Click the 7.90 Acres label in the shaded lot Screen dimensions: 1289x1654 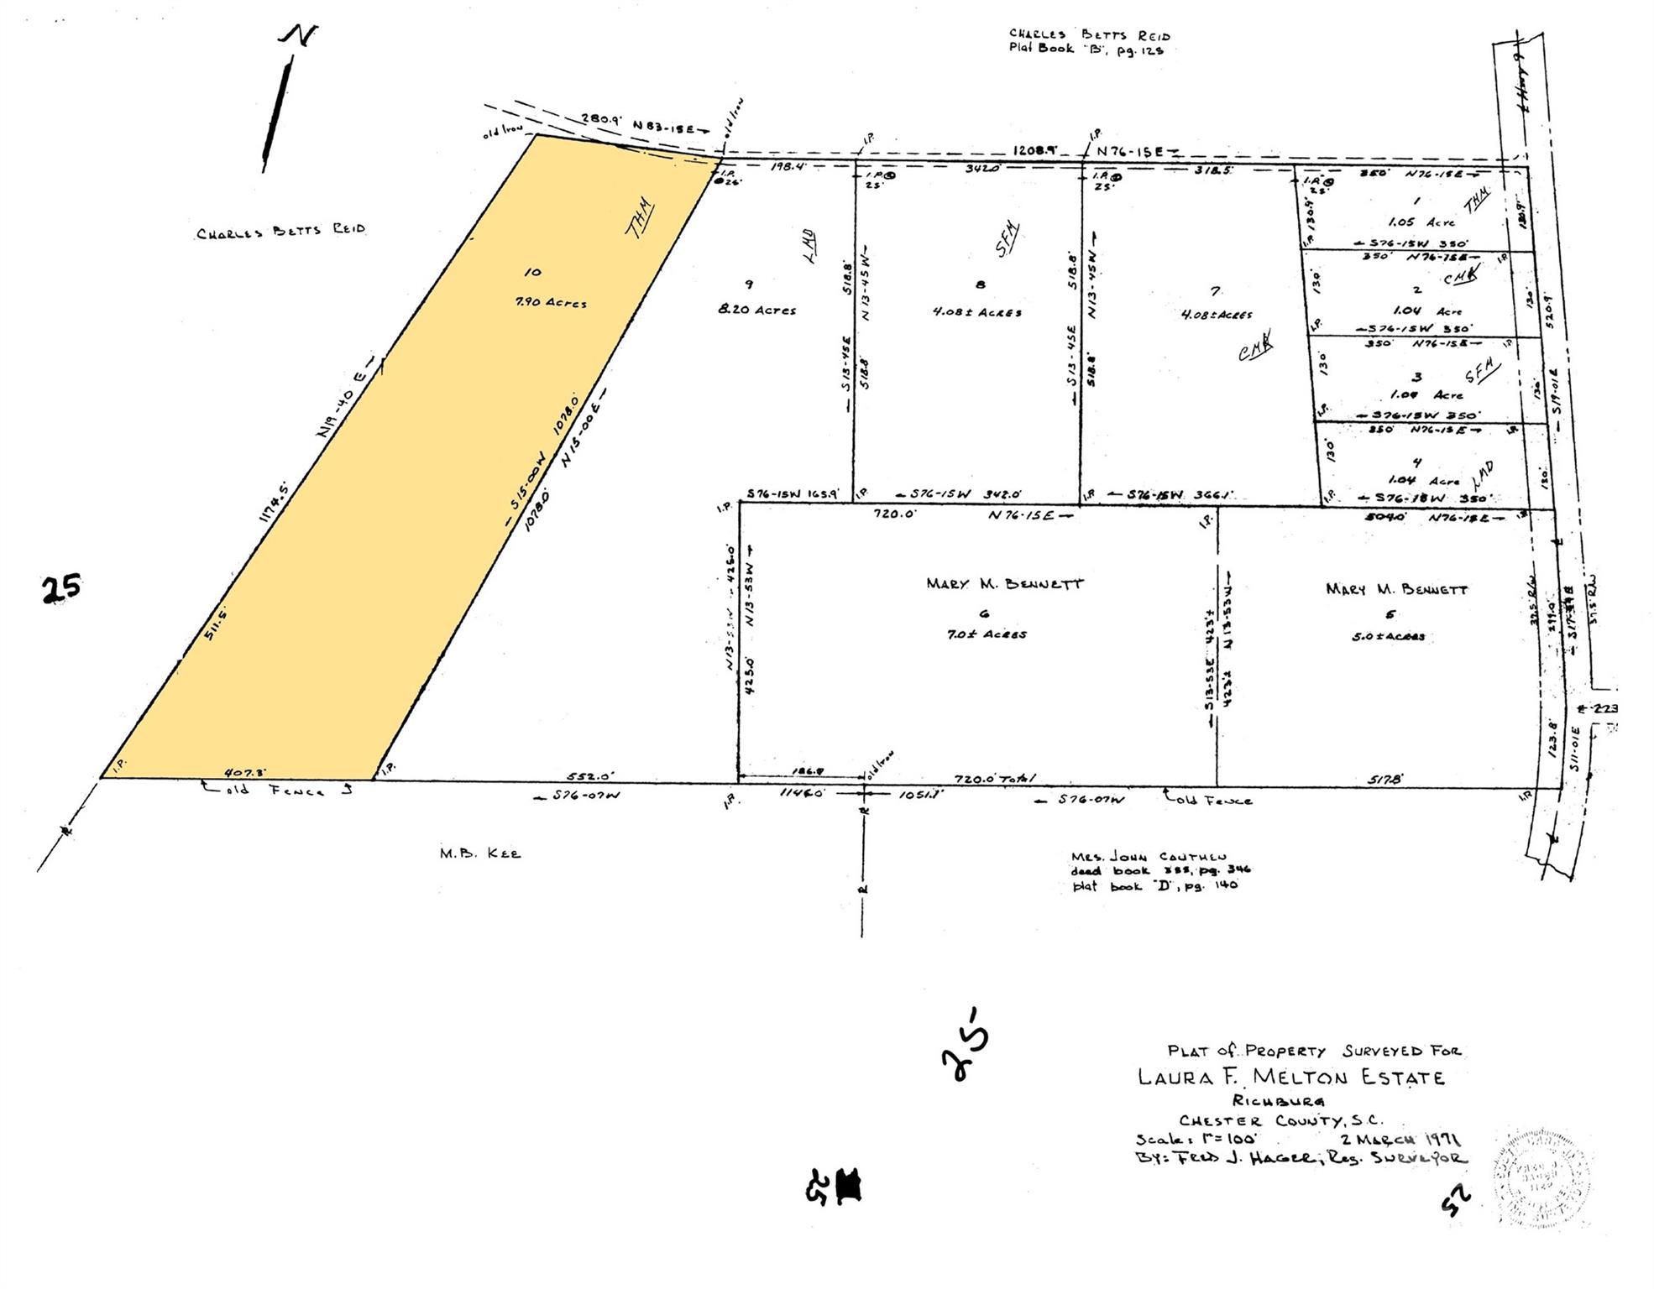pos(551,303)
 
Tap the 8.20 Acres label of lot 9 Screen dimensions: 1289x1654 pos(756,310)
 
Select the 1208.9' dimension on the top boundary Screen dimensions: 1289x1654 pos(1034,150)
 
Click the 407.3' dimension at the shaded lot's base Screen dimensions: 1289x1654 pos(245,771)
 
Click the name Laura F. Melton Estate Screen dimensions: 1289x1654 pos(1290,1077)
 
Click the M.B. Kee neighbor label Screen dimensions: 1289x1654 pos(479,853)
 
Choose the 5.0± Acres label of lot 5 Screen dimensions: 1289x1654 pos(1388,636)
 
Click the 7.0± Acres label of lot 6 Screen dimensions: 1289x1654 pos(986,634)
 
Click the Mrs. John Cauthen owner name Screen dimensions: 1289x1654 pos(1149,857)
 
